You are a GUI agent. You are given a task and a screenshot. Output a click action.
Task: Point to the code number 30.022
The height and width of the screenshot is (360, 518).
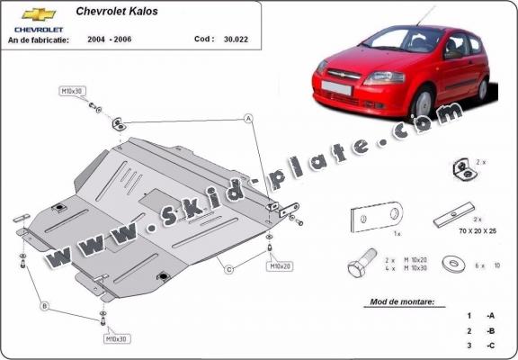[234, 40]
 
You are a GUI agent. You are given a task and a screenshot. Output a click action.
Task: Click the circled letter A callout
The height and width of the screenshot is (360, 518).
[247, 117]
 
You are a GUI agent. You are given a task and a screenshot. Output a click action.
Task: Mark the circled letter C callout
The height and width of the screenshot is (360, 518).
[229, 269]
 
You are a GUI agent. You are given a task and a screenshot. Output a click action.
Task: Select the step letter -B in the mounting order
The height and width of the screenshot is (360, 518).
[490, 331]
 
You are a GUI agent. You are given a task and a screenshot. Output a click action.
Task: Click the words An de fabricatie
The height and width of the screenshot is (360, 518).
[40, 40]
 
